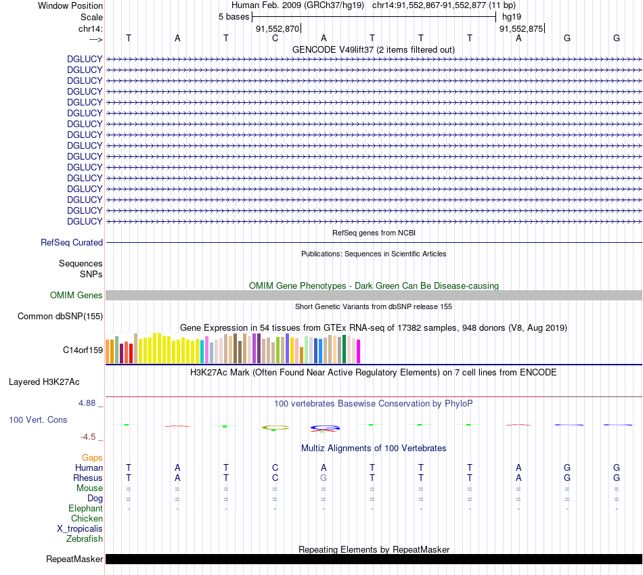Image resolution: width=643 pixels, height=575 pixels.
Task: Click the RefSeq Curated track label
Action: pyautogui.click(x=72, y=242)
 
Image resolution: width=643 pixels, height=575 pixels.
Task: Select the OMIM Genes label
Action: pyautogui.click(x=76, y=295)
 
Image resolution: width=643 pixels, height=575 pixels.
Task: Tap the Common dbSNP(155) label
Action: pyautogui.click(x=60, y=316)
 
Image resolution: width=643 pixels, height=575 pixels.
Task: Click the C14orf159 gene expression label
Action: pyautogui.click(x=83, y=350)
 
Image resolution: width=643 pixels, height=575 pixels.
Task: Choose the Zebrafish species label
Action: pyautogui.click(x=85, y=539)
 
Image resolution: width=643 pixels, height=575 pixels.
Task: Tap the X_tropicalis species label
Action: pyautogui.click(x=80, y=529)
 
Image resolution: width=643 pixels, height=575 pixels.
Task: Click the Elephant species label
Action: pyautogui.click(x=85, y=508)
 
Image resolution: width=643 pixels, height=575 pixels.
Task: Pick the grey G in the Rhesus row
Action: pyautogui.click(x=324, y=478)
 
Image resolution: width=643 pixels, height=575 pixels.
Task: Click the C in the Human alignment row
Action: pyautogui.click(x=275, y=467)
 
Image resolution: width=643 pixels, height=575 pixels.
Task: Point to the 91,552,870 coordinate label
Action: pyautogui.click(x=278, y=28)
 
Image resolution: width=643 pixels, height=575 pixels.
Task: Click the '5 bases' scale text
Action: pyautogui.click(x=234, y=16)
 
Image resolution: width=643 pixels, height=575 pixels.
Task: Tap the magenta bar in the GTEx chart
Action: pyautogui.click(x=358, y=351)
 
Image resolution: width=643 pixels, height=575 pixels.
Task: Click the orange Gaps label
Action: pyautogui.click(x=92, y=457)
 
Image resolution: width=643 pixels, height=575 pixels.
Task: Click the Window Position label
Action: pyautogui.click(x=70, y=5)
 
